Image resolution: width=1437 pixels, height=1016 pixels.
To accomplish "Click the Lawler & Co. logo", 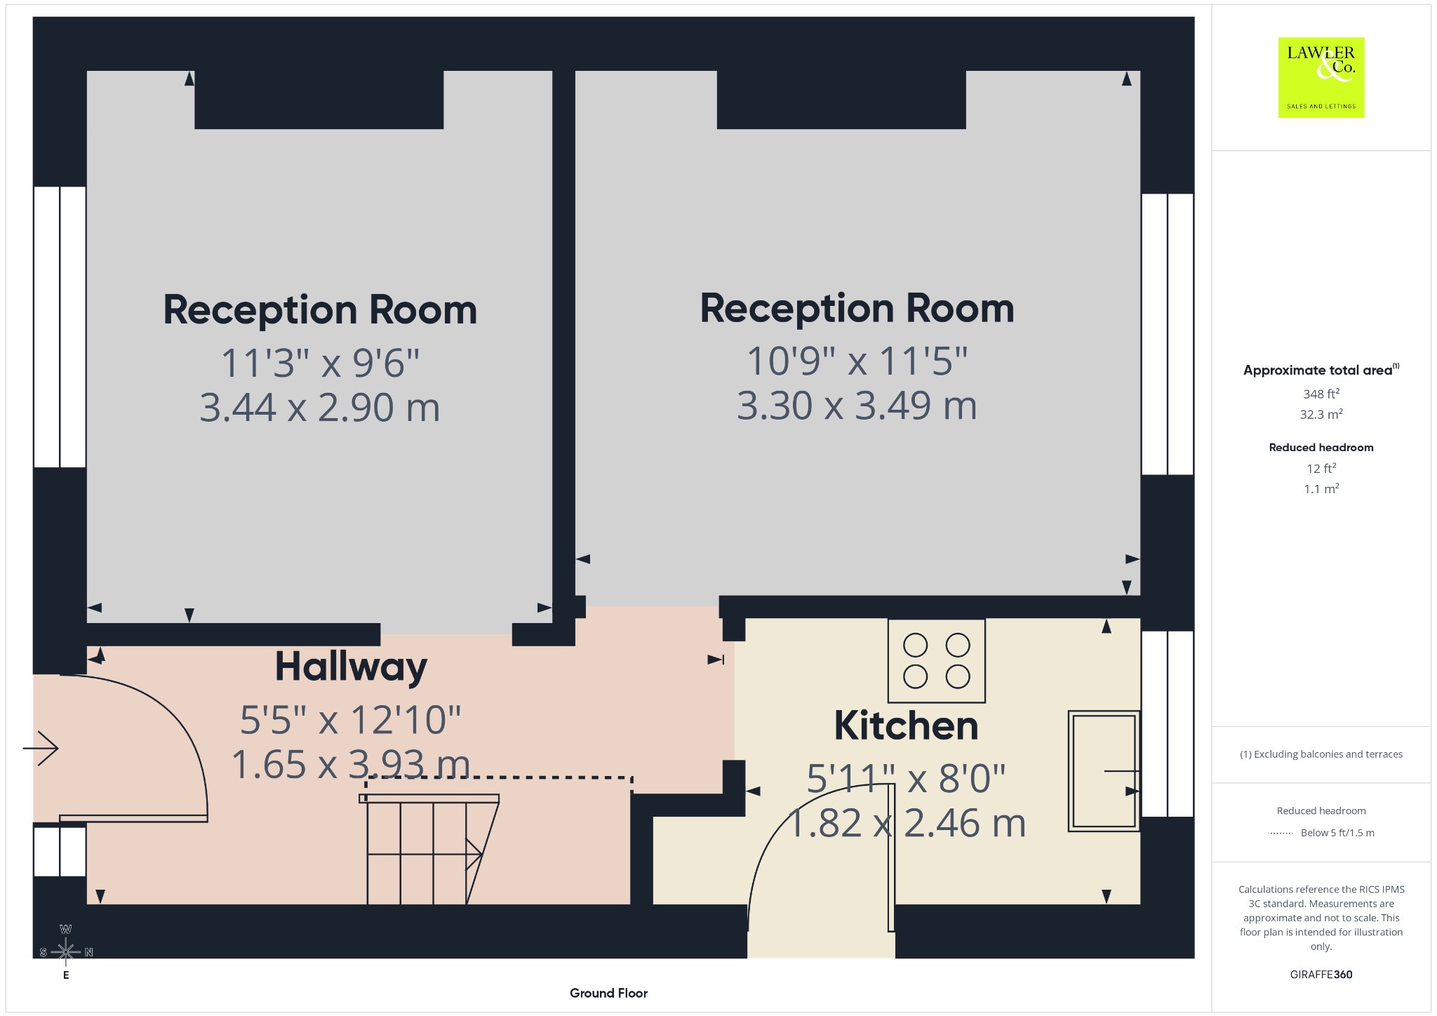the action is (x=1321, y=77).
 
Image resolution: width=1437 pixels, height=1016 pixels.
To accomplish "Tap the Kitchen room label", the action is (x=906, y=726).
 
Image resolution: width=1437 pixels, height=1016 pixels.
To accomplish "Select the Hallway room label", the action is (x=351, y=667).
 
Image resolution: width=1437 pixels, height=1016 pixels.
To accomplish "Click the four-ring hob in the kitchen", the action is (x=937, y=660).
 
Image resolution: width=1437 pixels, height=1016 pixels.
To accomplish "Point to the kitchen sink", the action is (x=1103, y=771).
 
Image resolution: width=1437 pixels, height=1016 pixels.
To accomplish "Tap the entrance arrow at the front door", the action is (x=41, y=748).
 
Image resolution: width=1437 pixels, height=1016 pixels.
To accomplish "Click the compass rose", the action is (x=66, y=952).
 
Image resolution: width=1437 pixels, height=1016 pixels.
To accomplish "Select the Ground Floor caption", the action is (x=608, y=993).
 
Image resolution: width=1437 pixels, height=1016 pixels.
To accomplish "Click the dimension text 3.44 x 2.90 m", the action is (x=320, y=408).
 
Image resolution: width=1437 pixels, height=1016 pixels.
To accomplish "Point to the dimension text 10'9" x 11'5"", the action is (x=857, y=361).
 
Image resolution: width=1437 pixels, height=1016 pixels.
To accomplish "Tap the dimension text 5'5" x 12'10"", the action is (x=350, y=720).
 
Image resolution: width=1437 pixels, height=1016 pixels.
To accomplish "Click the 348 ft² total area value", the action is (x=1321, y=394).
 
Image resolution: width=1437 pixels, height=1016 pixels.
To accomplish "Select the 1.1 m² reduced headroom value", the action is (x=1321, y=488).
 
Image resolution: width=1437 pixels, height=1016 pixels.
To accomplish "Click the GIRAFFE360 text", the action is (x=1321, y=975).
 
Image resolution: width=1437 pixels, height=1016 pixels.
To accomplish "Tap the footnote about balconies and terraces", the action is (x=1321, y=754).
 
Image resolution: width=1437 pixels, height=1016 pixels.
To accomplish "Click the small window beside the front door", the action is (x=60, y=851).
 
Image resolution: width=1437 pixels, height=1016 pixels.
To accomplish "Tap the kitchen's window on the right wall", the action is (x=1168, y=724).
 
